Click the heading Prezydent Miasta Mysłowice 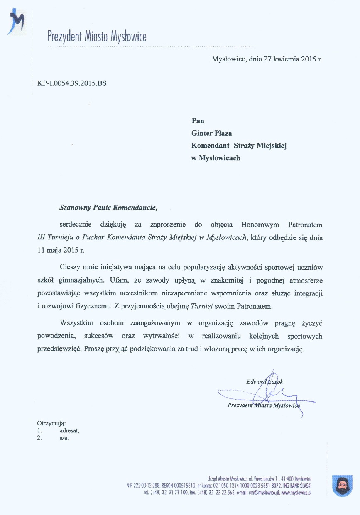coord(97,37)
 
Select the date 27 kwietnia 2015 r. coord(292,59)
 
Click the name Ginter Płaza coord(211,133)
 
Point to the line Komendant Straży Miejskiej coord(239,146)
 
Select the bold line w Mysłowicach coord(216,158)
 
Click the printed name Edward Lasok coord(264,381)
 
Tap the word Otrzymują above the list coord(51,423)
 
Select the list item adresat coord(69,430)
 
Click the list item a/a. coord(64,438)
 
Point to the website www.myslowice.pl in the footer coord(296,493)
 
